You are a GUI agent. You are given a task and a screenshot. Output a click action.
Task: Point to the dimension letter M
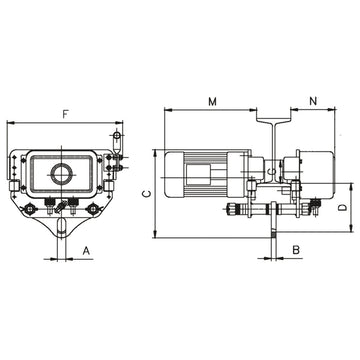click(x=213, y=101)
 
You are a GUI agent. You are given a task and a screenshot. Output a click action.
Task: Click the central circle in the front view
click(x=62, y=173)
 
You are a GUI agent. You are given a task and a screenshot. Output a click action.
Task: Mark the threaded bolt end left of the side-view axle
click(x=236, y=210)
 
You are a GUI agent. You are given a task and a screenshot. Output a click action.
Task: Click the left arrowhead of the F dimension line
click(x=10, y=121)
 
